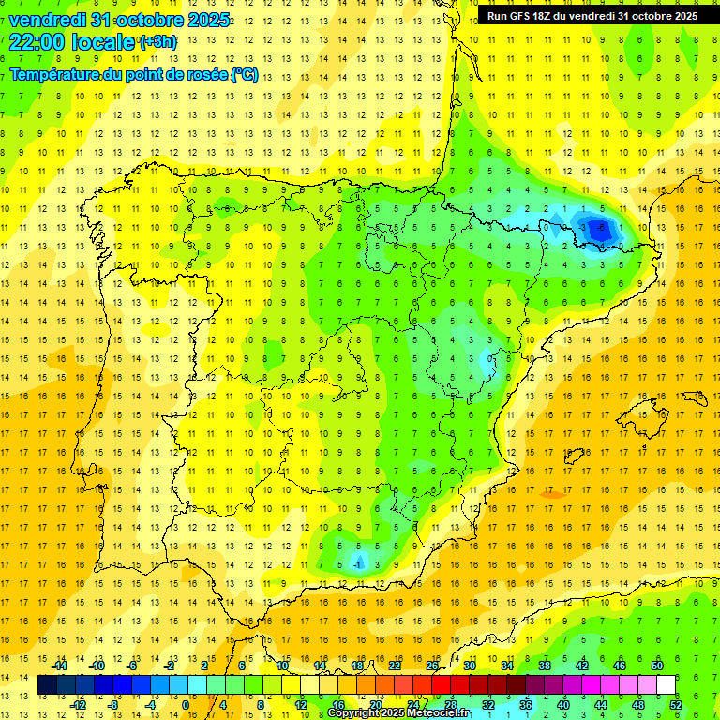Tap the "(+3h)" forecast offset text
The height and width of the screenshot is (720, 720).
(157, 42)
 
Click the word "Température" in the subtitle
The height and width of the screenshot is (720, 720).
(54, 75)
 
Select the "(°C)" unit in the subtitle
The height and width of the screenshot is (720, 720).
(244, 75)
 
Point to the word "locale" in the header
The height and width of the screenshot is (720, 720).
(102, 40)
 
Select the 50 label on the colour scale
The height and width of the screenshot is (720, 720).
(657, 666)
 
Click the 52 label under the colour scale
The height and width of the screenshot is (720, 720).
(676, 704)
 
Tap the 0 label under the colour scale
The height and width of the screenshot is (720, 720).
(186, 704)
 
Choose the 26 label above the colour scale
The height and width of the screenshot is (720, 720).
(432, 666)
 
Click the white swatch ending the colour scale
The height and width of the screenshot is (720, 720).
(667, 685)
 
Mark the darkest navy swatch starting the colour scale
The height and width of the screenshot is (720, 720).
(47, 685)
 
